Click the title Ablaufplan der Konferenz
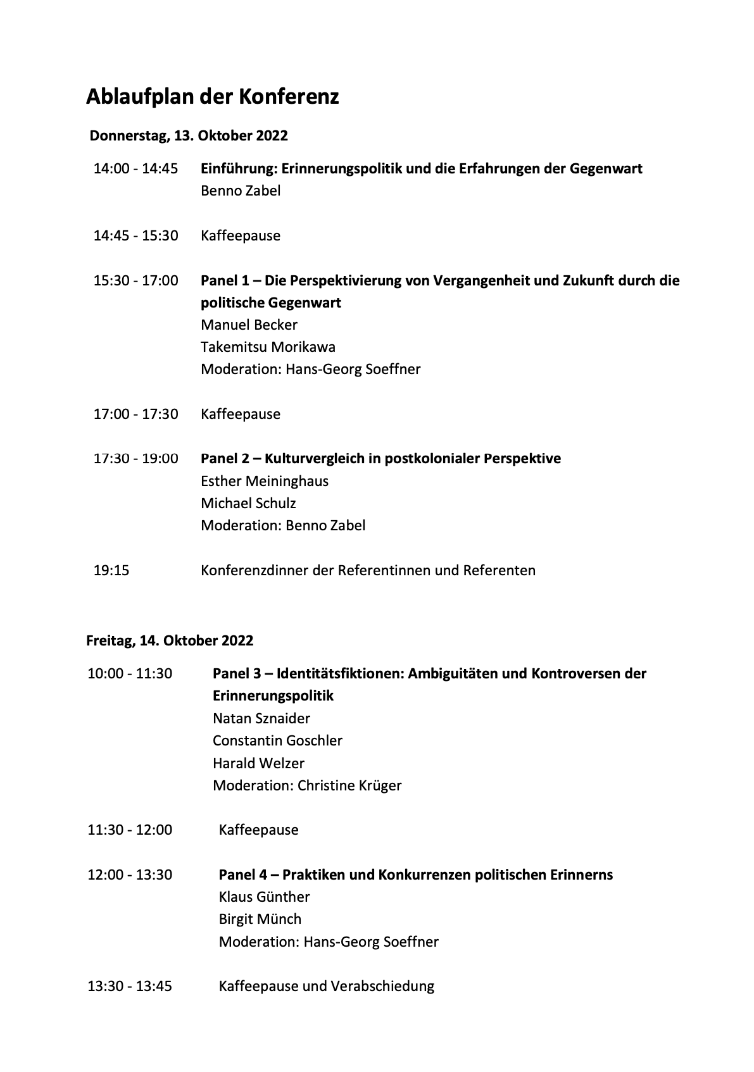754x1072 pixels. (212, 97)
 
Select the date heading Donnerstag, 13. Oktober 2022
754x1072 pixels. (189, 135)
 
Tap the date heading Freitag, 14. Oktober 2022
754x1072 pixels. (170, 640)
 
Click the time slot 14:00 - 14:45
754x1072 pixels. (135, 168)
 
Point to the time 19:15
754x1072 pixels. (111, 570)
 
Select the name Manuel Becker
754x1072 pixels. (249, 325)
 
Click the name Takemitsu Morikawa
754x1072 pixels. (268, 347)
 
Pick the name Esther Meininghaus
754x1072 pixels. (265, 481)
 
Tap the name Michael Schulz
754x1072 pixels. (248, 503)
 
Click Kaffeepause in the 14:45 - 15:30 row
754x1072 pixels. (241, 235)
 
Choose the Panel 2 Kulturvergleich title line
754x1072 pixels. (380, 458)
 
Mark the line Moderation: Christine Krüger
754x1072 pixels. (307, 785)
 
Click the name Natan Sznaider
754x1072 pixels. (261, 718)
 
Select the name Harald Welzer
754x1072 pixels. (258, 763)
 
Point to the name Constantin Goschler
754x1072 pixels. (277, 740)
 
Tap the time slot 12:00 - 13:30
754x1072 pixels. (130, 875)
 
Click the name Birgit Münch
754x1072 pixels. (260, 919)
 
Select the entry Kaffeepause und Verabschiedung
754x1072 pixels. (327, 986)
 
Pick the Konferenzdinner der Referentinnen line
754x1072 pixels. (368, 570)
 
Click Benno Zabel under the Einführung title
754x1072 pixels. (241, 190)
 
